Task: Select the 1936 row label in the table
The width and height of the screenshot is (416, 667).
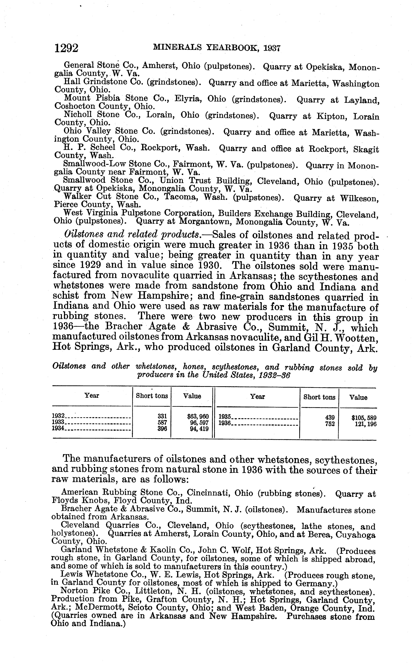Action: [225, 424]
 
